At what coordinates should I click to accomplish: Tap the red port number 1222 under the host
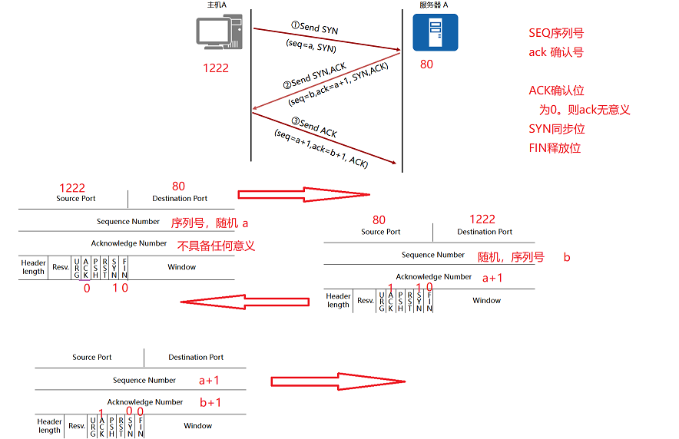click(216, 68)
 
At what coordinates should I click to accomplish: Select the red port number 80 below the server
click(426, 64)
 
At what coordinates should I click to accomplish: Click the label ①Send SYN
click(315, 28)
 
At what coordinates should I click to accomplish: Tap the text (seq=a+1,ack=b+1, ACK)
click(321, 148)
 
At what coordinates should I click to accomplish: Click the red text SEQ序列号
click(557, 34)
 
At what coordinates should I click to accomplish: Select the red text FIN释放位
click(555, 147)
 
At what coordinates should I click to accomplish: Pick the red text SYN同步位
click(557, 128)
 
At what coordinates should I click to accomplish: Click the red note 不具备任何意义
click(216, 246)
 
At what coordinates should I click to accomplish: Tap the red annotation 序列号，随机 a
click(210, 223)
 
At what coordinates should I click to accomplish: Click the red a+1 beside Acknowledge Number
click(492, 278)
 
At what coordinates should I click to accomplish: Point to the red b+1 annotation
click(210, 402)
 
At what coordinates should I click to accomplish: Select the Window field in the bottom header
click(197, 425)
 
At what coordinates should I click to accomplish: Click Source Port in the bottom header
click(92, 357)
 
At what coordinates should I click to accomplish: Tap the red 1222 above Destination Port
click(482, 219)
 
